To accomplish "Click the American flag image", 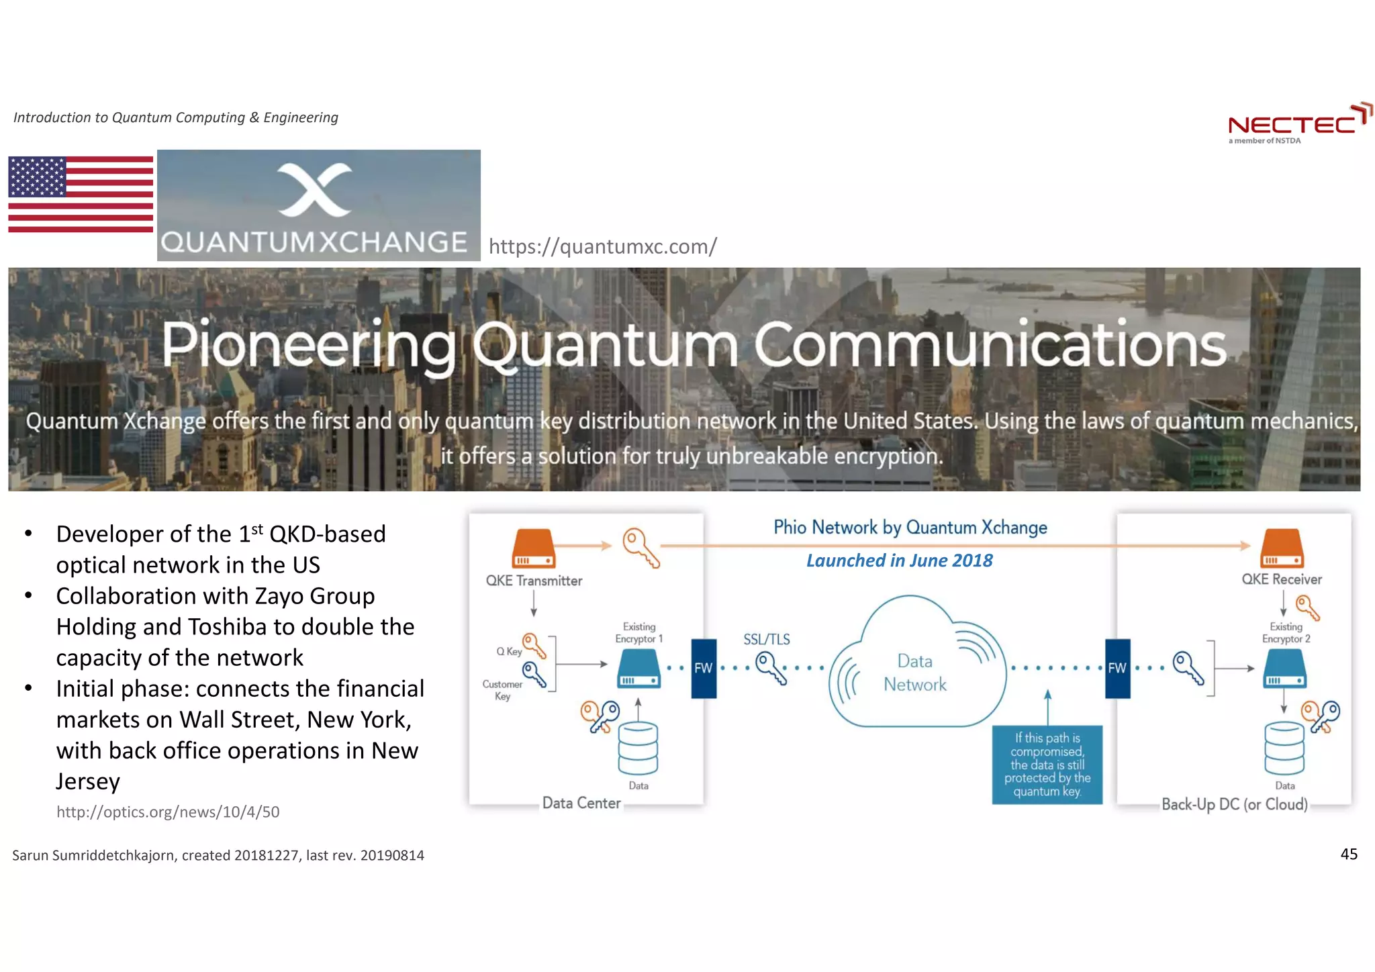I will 81,194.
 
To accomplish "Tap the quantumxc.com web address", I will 602,246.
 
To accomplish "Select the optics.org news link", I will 168,812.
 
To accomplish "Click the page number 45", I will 1348,854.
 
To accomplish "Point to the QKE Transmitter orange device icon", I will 534,549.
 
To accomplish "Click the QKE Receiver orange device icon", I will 1282,548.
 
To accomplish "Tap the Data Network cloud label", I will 914,673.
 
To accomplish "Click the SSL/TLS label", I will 766,639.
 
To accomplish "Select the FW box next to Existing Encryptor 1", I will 703,668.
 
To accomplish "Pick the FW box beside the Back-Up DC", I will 1117,668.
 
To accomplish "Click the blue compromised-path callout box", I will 1047,765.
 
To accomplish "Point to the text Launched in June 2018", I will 899,561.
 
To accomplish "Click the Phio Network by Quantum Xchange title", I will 910,528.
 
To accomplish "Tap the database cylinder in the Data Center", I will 638,748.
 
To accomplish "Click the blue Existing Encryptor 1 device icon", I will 638,669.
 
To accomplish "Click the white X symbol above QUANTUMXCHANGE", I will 314,189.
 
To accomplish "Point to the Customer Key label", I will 502,689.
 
